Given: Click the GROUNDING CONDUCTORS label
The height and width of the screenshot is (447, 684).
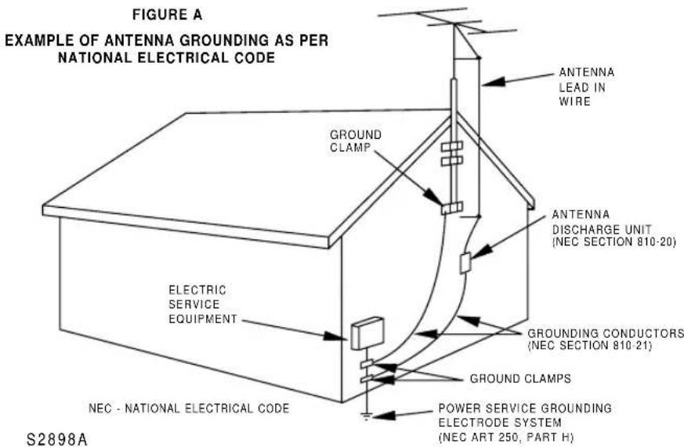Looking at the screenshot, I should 605,333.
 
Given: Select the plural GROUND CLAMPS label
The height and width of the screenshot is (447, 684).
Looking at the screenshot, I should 520,378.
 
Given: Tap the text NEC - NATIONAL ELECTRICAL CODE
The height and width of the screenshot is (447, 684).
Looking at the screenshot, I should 188,409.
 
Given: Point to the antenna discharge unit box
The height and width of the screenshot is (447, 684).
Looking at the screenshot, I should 465,263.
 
